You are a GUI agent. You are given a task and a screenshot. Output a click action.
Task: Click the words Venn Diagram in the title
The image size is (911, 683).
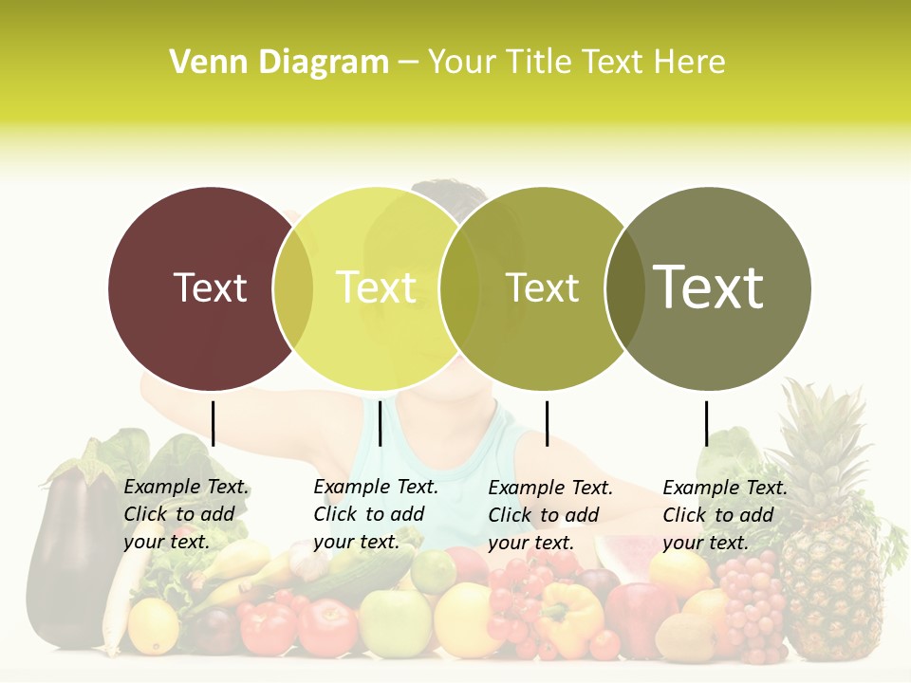278,63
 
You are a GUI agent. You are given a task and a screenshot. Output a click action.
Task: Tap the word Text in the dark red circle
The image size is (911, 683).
211,287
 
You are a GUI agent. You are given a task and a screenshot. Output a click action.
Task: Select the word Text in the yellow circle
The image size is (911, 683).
377,287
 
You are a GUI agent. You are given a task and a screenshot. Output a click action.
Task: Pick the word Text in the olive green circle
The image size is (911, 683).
543,287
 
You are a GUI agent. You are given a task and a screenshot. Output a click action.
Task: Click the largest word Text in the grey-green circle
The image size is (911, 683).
709,286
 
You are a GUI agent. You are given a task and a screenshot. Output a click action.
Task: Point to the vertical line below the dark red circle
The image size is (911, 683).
213,423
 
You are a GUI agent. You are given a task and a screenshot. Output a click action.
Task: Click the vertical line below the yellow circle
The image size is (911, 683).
380,423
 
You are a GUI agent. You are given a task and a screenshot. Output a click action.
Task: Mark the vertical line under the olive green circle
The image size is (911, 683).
547,423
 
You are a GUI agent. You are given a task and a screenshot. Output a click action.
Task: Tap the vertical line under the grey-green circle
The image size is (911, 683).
706,423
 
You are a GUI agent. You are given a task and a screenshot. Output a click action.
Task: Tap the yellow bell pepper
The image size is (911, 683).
570,617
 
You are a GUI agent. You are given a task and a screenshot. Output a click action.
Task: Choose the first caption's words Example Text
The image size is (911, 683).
186,487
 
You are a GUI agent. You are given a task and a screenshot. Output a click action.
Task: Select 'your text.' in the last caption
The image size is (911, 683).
705,543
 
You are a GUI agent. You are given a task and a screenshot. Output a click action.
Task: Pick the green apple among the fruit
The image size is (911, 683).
394,621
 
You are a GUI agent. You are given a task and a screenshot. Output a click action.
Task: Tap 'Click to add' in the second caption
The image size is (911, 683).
368,514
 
